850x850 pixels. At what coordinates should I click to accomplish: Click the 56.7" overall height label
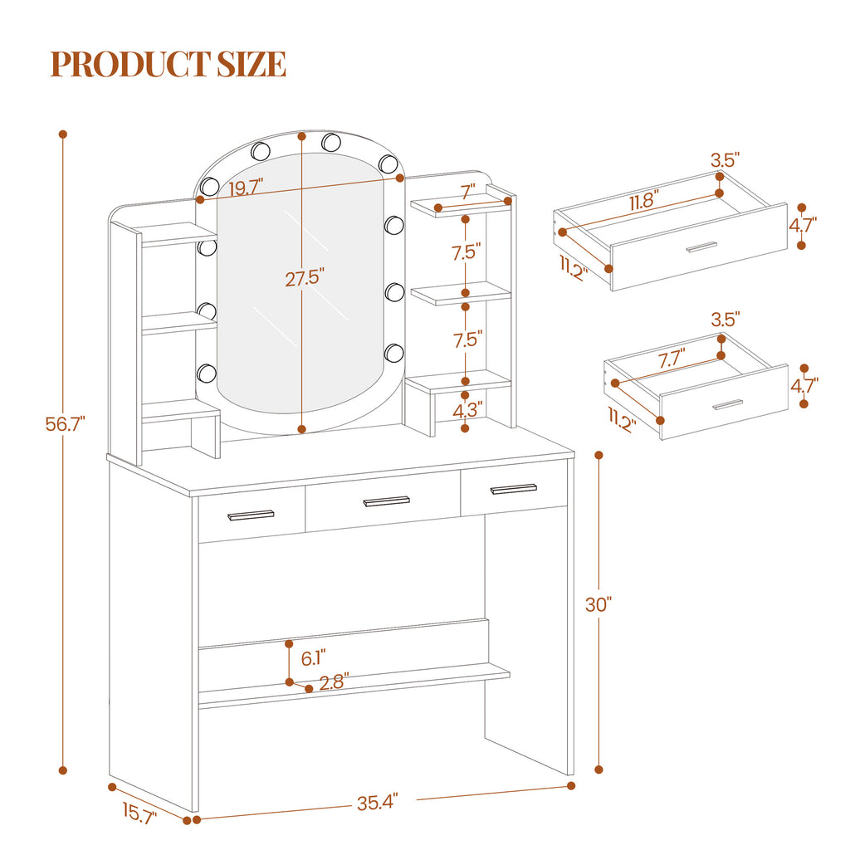tap(65, 424)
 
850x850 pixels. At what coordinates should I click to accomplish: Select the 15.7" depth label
tap(139, 813)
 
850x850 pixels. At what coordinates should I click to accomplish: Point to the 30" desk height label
tap(598, 604)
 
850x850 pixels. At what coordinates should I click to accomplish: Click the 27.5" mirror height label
tap(305, 279)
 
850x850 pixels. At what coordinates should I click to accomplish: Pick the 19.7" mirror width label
tap(246, 188)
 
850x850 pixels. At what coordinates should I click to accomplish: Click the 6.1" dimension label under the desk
tap(313, 658)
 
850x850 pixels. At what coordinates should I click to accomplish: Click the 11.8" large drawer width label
tap(644, 201)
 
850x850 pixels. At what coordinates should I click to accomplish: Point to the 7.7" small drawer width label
tap(672, 359)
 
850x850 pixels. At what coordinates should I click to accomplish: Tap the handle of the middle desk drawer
tap(387, 501)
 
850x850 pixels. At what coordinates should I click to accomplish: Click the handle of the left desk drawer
tap(251, 515)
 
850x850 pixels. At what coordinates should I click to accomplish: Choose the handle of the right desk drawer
tap(513, 488)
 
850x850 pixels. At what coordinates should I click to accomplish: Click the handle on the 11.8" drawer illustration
tap(701, 247)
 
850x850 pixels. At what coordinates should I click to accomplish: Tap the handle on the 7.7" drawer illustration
tap(727, 404)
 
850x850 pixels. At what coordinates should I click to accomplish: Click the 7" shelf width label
tap(468, 192)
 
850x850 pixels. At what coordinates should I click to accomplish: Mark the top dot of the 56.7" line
tap(63, 134)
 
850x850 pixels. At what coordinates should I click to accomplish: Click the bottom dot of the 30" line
tap(599, 769)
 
